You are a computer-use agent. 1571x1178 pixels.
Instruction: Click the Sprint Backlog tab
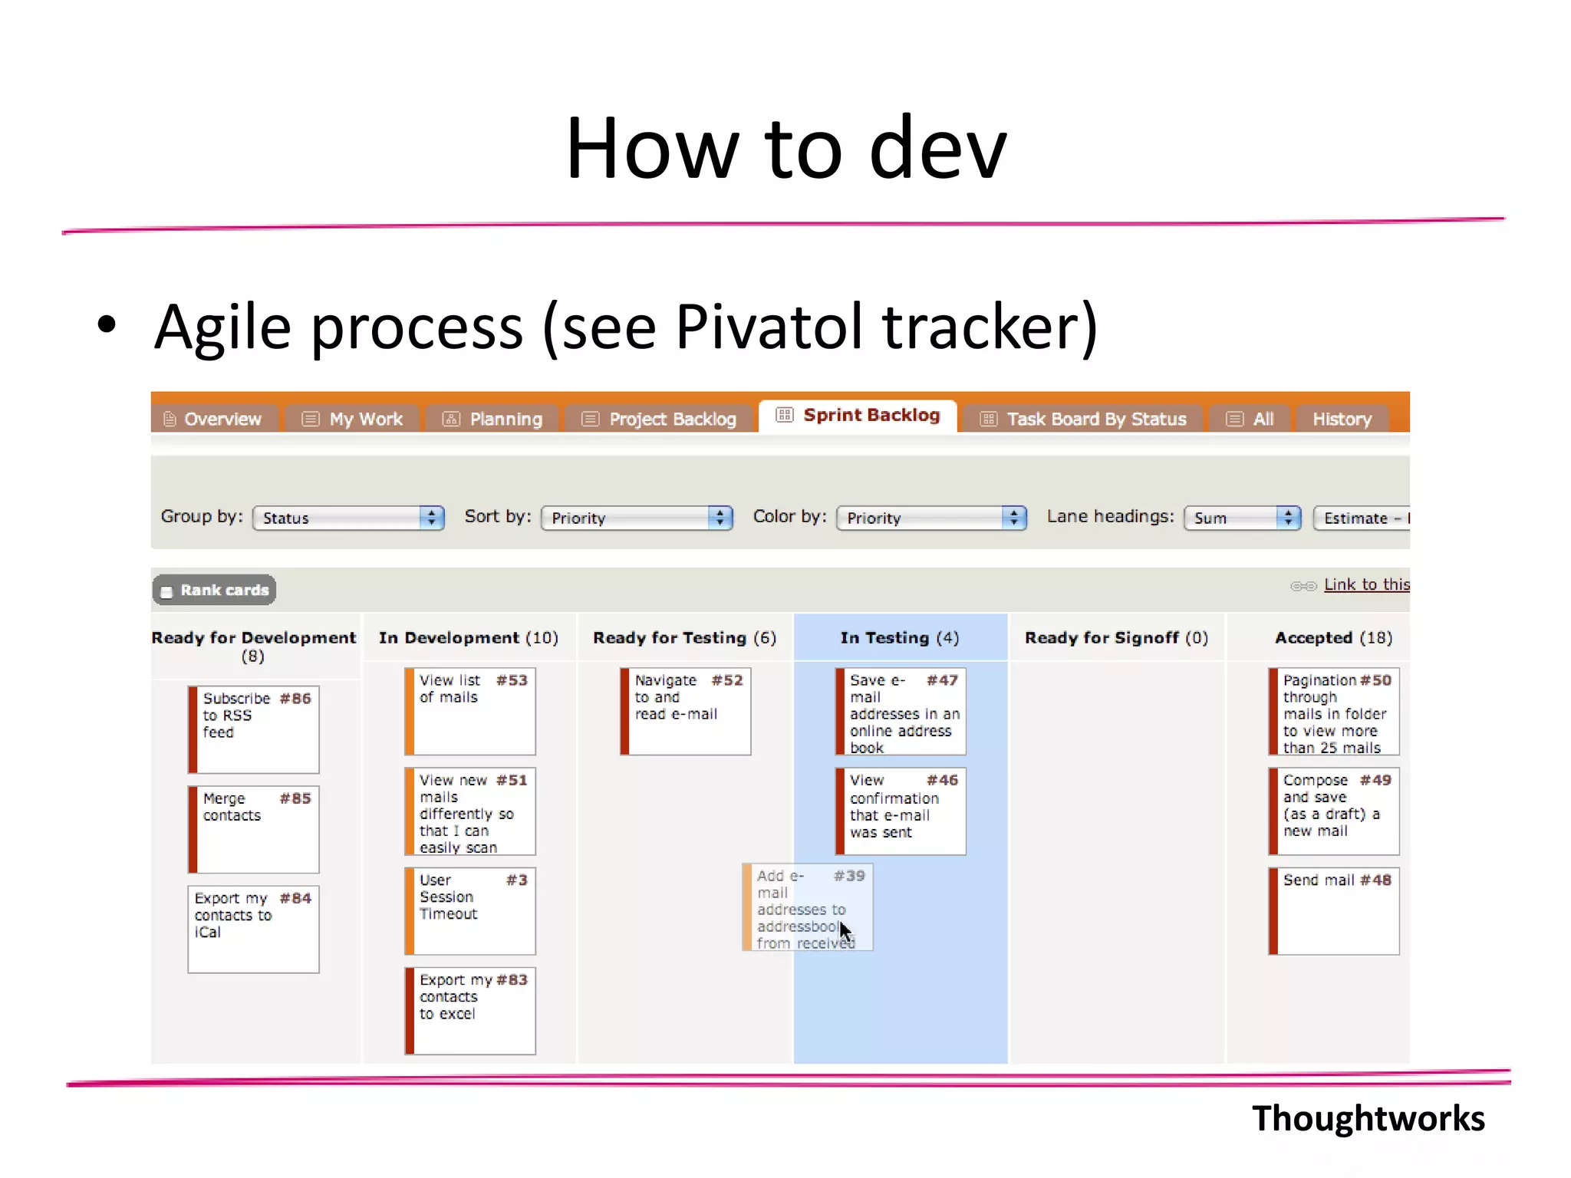click(858, 416)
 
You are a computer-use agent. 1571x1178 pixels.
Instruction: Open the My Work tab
click(353, 419)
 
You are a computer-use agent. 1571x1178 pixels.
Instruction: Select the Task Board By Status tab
click(1084, 419)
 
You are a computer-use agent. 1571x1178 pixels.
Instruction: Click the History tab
click(1341, 419)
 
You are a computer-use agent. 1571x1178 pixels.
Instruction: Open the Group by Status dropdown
click(348, 518)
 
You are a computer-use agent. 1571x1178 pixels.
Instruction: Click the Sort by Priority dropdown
click(637, 518)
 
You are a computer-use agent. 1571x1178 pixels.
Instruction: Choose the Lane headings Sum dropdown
click(1242, 518)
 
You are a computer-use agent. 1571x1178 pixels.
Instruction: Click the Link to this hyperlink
click(1366, 584)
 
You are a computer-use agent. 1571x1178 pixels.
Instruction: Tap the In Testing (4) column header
click(899, 637)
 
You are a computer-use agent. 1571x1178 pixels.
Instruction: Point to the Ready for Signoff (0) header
click(1116, 637)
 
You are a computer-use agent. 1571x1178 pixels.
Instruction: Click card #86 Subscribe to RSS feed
click(254, 729)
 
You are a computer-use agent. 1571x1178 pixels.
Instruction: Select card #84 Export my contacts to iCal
click(254, 929)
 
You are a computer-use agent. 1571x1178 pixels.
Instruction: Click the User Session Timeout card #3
click(470, 910)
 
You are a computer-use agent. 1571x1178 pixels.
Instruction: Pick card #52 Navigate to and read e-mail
click(686, 711)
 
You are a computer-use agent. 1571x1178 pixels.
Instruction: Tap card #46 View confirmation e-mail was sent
click(901, 811)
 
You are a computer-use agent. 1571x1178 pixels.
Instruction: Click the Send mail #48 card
click(1334, 910)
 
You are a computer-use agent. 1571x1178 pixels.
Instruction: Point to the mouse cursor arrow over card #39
click(844, 930)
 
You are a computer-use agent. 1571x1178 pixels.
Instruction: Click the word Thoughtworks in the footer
click(1368, 1118)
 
